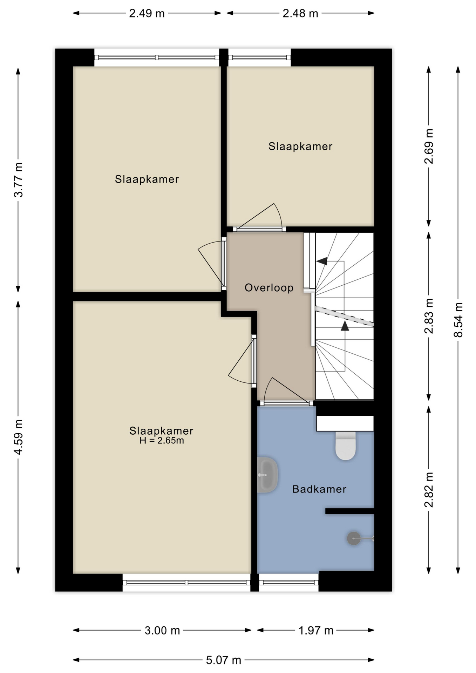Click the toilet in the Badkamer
(346, 445)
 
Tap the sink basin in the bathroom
(267, 475)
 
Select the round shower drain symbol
(354, 538)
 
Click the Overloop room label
(269, 288)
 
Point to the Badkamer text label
(319, 489)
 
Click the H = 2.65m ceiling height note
(162, 441)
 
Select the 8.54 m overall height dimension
(458, 320)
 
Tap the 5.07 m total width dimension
(224, 660)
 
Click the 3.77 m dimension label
(18, 179)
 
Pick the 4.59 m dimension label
(18, 437)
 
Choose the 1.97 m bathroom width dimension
(316, 631)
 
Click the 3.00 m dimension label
(162, 631)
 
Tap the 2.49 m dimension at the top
(147, 13)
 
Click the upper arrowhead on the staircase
(322, 261)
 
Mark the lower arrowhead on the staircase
(345, 326)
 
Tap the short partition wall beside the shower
(350, 511)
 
